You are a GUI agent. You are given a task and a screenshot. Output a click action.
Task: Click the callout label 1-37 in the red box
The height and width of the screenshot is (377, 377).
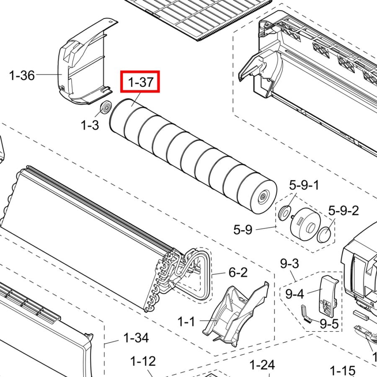coord(141,82)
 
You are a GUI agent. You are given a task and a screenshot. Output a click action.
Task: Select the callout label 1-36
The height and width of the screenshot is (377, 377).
coord(22,75)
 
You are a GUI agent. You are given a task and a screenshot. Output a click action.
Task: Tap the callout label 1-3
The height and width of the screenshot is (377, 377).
coord(90,125)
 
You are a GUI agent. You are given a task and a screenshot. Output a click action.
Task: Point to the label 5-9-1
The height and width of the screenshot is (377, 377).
coord(304,185)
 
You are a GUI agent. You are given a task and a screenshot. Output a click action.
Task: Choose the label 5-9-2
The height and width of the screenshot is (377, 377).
coord(343,211)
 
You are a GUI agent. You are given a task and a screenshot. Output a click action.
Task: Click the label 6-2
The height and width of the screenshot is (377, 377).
coord(238,272)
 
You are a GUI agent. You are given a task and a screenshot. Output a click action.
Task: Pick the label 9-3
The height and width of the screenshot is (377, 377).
coord(289,263)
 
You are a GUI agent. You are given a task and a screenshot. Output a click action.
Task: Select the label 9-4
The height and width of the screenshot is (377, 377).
coord(294,294)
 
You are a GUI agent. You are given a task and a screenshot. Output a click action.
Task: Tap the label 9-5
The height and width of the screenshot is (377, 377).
coord(329,324)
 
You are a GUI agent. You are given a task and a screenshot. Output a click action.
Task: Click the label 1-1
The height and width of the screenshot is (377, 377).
coord(186,321)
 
